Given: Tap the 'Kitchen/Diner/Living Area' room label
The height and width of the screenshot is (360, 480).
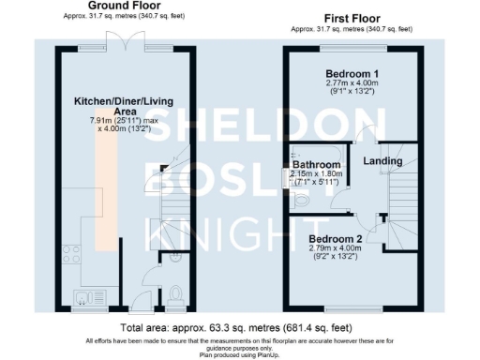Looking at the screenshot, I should [x=113, y=104].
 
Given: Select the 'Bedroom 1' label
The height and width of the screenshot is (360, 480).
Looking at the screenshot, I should [x=352, y=74].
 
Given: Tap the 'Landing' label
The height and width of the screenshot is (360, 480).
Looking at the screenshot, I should [x=383, y=161].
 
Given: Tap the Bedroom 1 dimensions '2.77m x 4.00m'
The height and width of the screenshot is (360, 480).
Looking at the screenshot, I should [x=352, y=85].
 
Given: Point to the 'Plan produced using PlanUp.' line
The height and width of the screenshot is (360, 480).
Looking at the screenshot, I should [x=240, y=354].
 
